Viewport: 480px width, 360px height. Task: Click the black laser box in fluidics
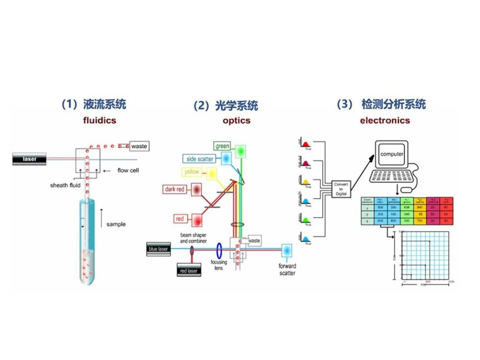coord(30,159)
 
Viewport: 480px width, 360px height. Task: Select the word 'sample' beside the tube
coord(116,224)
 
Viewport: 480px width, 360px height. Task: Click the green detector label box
coord(222,146)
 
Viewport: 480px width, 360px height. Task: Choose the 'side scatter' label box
coord(201,158)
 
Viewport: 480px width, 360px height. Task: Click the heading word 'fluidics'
coord(100,120)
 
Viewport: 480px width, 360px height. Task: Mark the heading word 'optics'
coord(236,121)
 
